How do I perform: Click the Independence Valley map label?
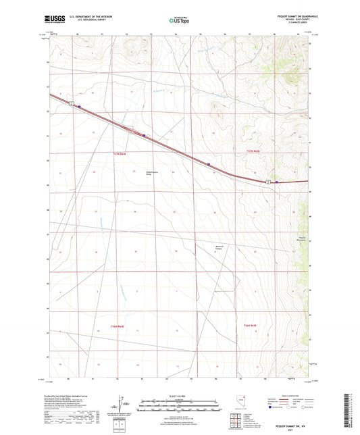point(153,173)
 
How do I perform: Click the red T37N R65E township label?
point(253,150)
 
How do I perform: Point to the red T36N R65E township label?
point(250,326)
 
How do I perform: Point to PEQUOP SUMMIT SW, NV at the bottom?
point(290,428)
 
